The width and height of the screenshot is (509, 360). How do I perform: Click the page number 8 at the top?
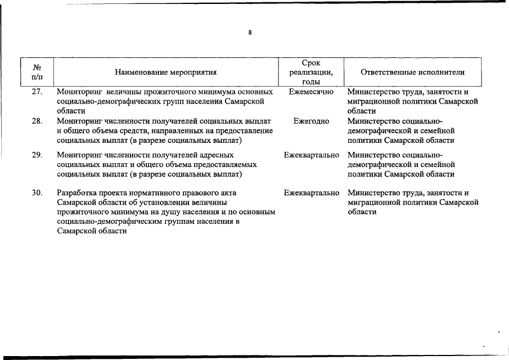pyautogui.click(x=250, y=33)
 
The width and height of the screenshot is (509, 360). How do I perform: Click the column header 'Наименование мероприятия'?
pyautogui.click(x=166, y=72)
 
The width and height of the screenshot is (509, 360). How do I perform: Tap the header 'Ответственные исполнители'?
pyautogui.click(x=413, y=72)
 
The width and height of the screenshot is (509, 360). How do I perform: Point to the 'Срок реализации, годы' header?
pyautogui.click(x=311, y=72)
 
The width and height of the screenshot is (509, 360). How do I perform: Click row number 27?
pyautogui.click(x=37, y=92)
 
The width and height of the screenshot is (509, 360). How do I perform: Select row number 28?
pyautogui.click(x=37, y=121)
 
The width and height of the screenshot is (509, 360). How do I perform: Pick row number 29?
pyautogui.click(x=37, y=155)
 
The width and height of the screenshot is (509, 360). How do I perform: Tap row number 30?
pyautogui.click(x=37, y=193)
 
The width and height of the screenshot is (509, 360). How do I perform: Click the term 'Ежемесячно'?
pyautogui.click(x=311, y=92)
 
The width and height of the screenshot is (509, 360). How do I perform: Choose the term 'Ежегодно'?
pyautogui.click(x=311, y=121)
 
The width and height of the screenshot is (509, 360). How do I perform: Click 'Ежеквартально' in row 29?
pyautogui.click(x=312, y=155)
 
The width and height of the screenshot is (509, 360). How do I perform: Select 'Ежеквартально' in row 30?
pyautogui.click(x=312, y=193)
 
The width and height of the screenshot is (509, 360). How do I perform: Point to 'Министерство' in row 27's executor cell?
pyautogui.click(x=373, y=92)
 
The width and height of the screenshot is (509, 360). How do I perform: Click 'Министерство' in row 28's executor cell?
pyautogui.click(x=373, y=121)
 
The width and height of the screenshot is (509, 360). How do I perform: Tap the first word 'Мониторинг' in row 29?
pyautogui.click(x=79, y=155)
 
